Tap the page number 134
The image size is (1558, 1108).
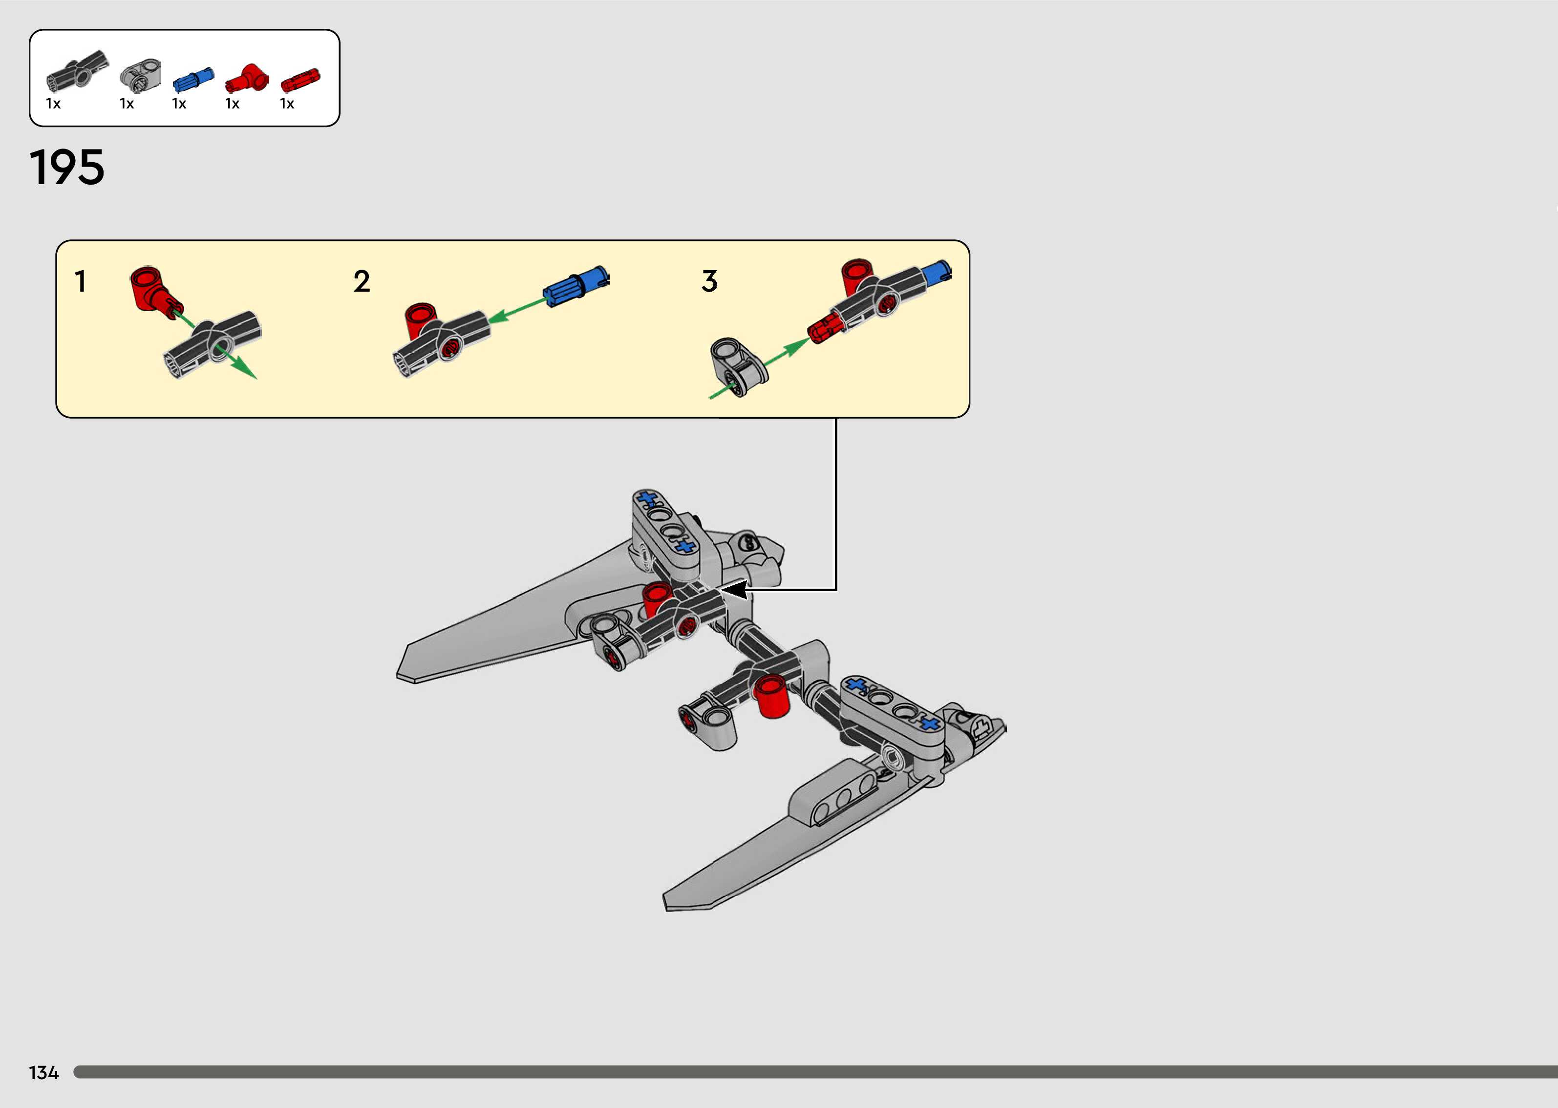pyautogui.click(x=43, y=1072)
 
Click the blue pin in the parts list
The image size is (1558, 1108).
pyautogui.click(x=193, y=79)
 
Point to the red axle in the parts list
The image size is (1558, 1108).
pyautogui.click(x=300, y=81)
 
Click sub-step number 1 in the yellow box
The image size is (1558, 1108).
pyautogui.click(x=81, y=281)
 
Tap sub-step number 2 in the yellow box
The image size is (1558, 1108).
pyautogui.click(x=362, y=281)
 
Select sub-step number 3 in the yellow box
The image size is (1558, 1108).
pyautogui.click(x=709, y=281)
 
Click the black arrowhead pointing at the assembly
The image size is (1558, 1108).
pyautogui.click(x=735, y=590)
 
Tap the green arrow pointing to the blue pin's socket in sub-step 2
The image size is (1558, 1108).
pyautogui.click(x=518, y=308)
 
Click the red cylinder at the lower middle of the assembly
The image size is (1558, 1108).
pyautogui.click(x=772, y=696)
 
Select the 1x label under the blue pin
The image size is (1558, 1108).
pyautogui.click(x=179, y=104)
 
